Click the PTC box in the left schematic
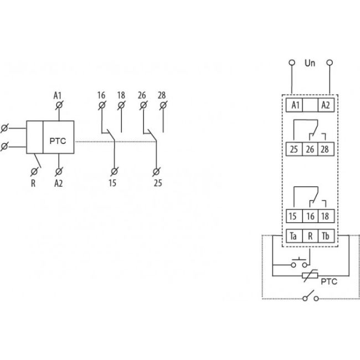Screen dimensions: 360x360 (58, 141)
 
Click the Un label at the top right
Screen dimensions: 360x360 (310, 64)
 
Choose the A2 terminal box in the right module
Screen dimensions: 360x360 (326, 104)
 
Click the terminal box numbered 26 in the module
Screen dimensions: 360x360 (310, 149)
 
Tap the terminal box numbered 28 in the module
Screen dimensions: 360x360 (326, 149)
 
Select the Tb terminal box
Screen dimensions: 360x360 (326, 236)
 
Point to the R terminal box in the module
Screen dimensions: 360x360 (310, 236)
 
